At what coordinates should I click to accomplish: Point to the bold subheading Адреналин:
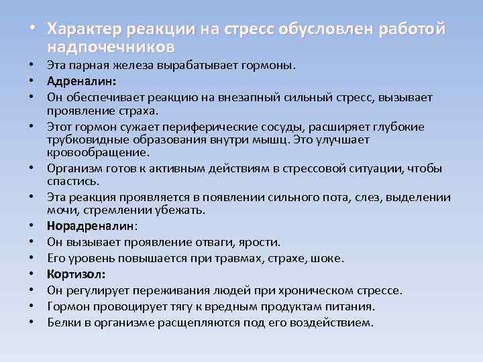pos(82,81)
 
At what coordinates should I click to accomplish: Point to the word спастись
pos(74,181)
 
